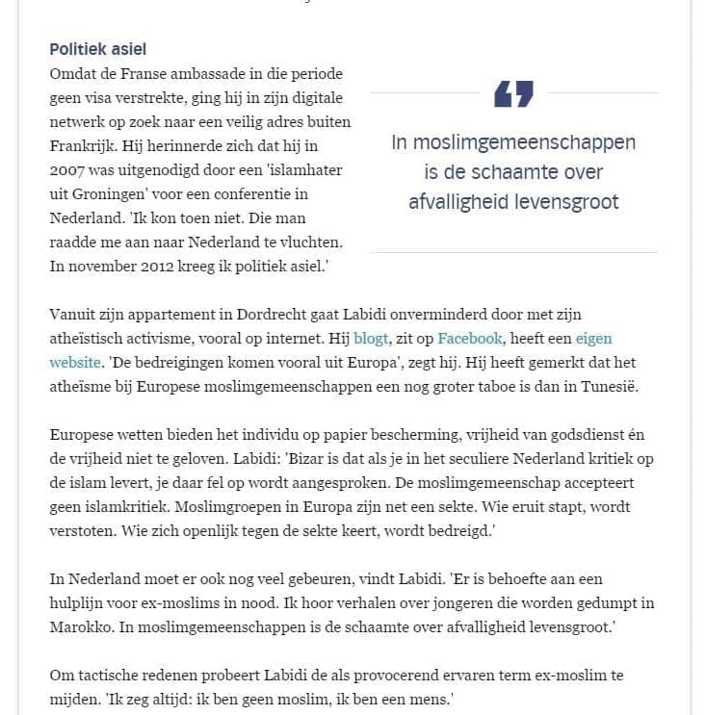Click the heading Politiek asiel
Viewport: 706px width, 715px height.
(x=98, y=49)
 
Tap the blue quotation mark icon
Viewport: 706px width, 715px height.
(x=513, y=94)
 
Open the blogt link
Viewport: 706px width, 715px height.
(x=371, y=338)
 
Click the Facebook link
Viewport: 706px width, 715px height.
(x=470, y=338)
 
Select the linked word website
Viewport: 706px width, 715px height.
(x=74, y=362)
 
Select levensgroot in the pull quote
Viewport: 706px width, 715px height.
(x=565, y=202)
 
